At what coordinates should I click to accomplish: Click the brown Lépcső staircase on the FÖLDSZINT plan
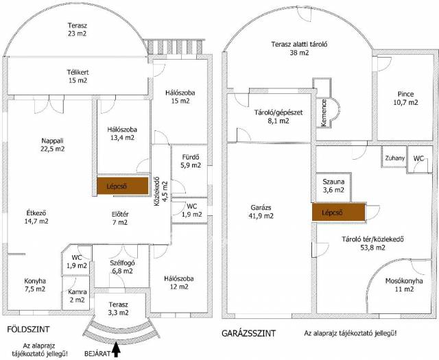(x=123, y=186)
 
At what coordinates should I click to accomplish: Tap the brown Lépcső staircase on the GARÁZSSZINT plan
(x=338, y=212)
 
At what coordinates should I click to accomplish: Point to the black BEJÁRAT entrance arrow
(x=117, y=351)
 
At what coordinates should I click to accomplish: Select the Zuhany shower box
(x=395, y=158)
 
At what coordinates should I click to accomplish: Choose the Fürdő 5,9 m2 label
(x=191, y=161)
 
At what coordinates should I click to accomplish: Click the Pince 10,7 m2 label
(x=405, y=98)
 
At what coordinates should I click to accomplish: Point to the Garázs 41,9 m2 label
(x=261, y=212)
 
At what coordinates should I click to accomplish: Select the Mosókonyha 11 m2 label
(x=404, y=285)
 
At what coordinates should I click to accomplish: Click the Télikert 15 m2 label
(x=78, y=76)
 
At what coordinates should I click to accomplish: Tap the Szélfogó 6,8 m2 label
(x=121, y=267)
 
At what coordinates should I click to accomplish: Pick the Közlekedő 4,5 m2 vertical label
(x=161, y=191)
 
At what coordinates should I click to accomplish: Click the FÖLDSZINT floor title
(x=28, y=329)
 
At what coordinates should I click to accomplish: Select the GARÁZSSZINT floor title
(x=248, y=333)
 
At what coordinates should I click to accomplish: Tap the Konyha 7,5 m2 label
(x=35, y=285)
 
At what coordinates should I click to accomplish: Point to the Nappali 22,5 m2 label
(x=53, y=145)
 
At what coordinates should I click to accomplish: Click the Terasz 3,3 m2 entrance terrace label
(x=119, y=309)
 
